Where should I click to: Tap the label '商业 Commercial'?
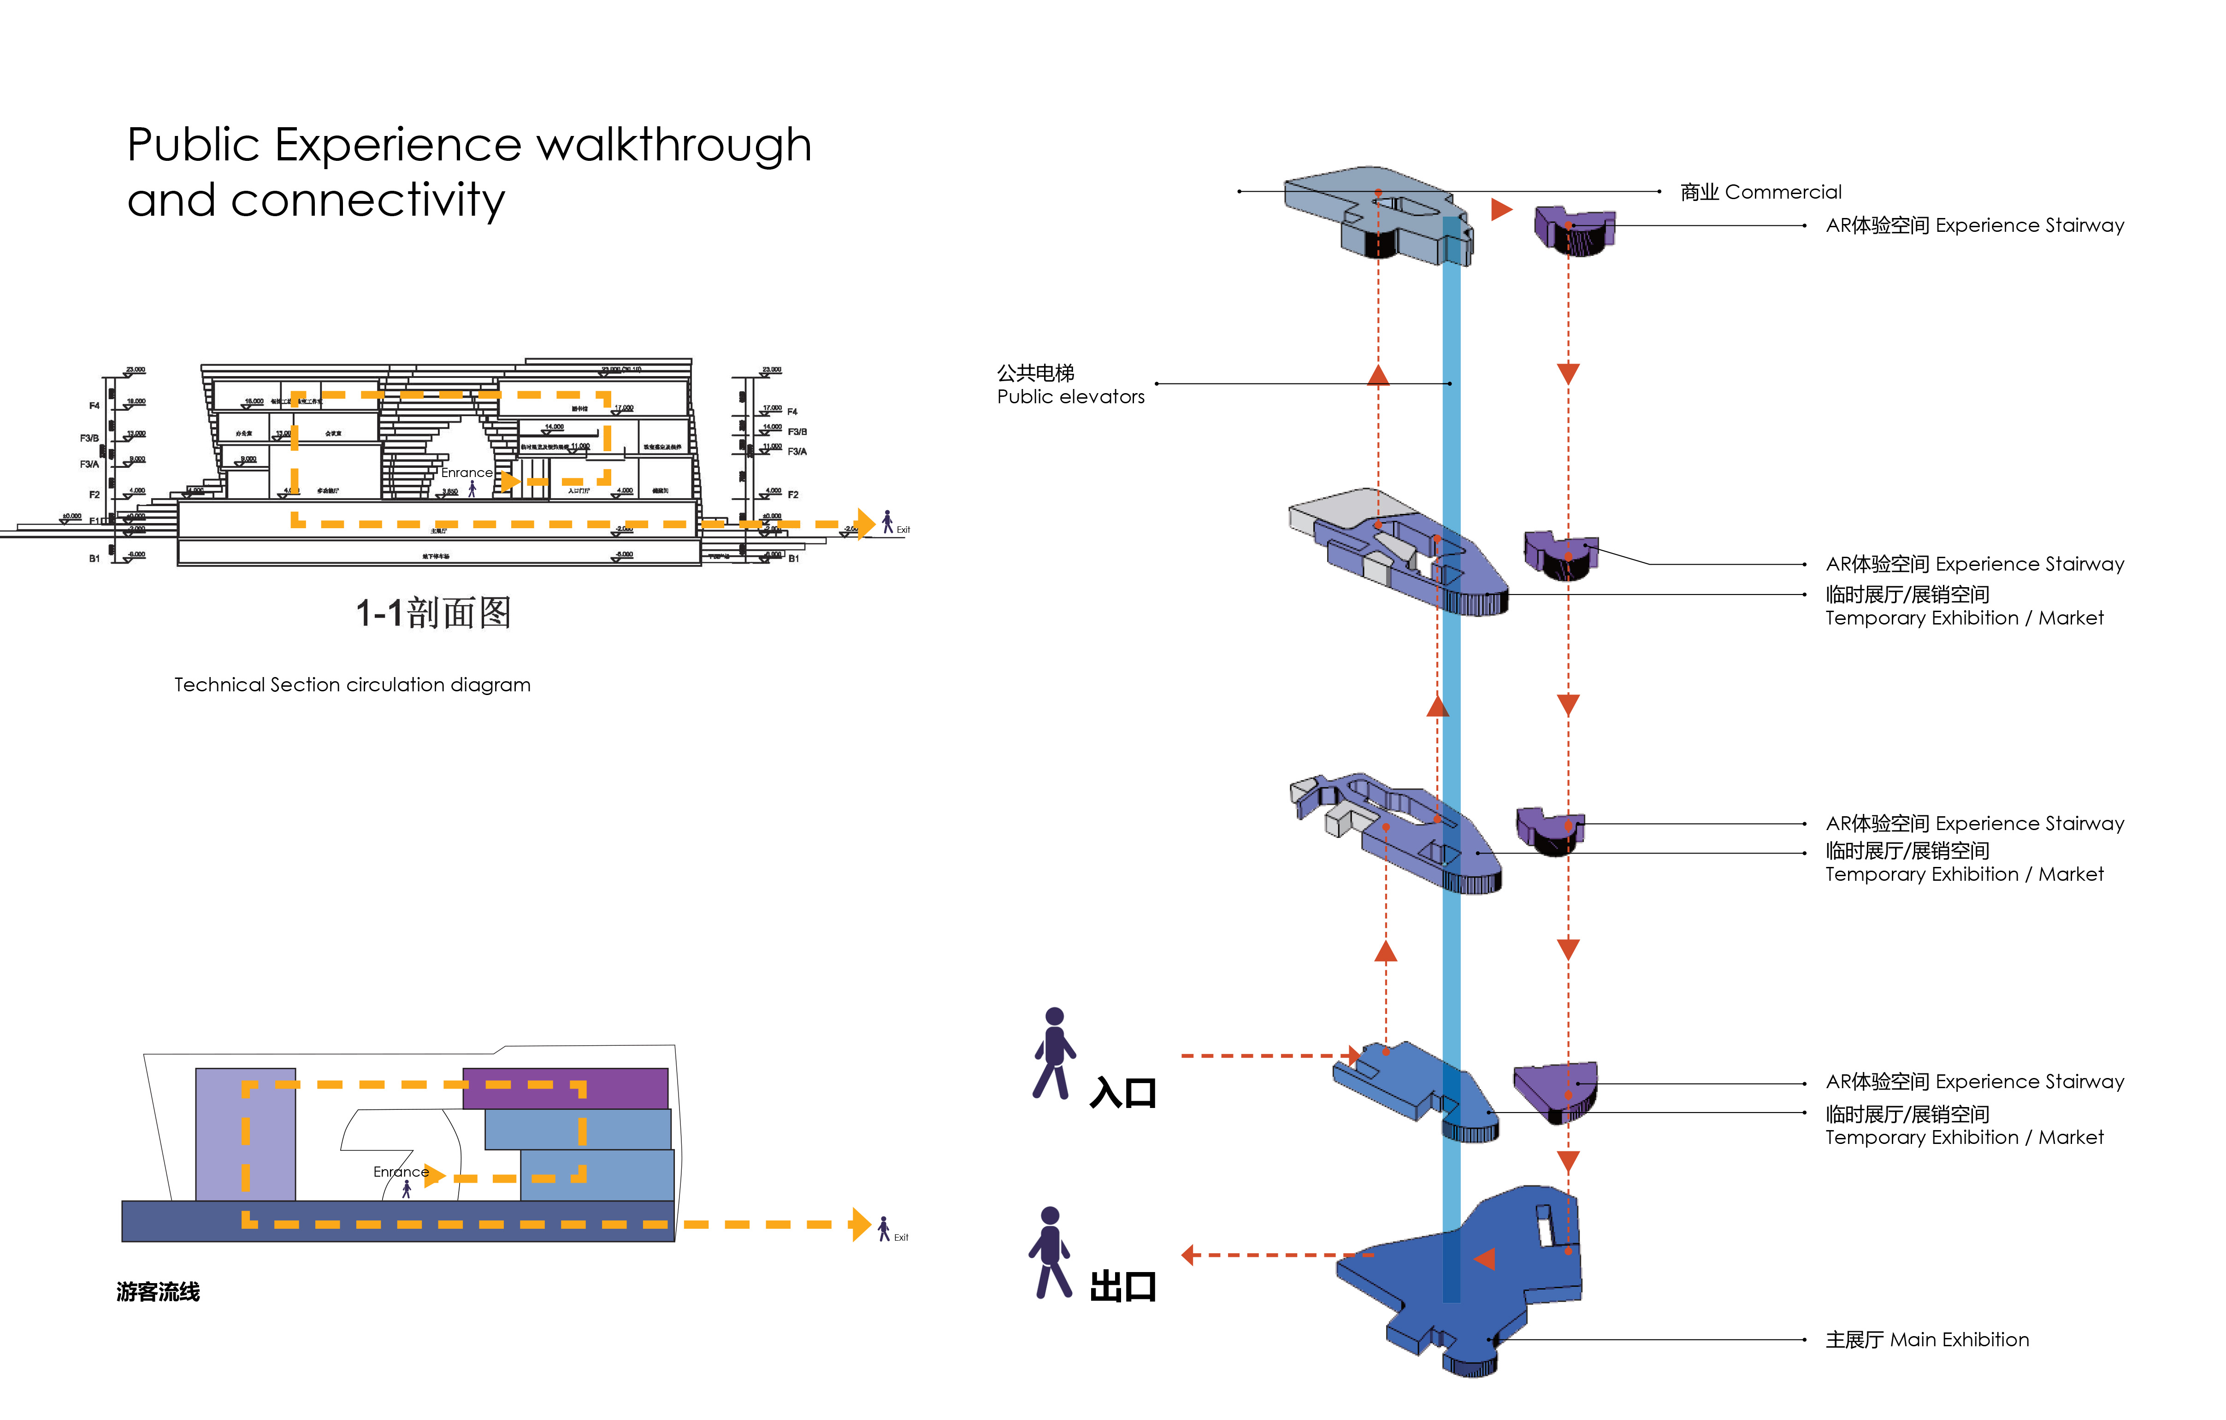pyautogui.click(x=1760, y=192)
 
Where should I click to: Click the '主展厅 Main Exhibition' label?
pyautogui.click(x=1926, y=1339)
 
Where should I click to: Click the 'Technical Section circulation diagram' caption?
pyautogui.click(x=352, y=685)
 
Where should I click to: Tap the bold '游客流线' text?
pyautogui.click(x=158, y=1291)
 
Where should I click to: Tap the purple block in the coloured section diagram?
pyautogui.click(x=565, y=1088)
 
